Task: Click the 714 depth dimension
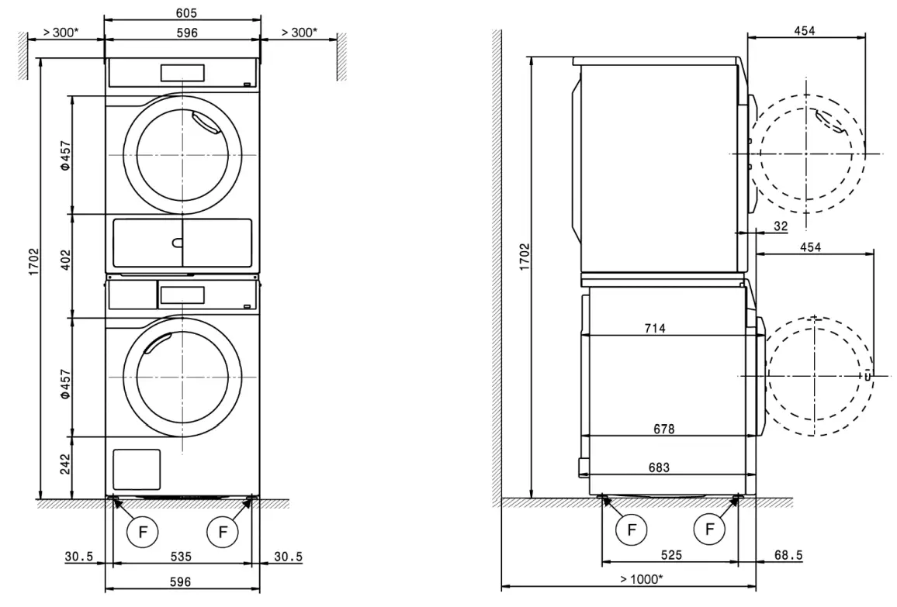coord(654,328)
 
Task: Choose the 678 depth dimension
coord(663,429)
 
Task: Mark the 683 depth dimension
coord(659,467)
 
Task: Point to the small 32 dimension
coord(780,226)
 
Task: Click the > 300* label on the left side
coord(61,33)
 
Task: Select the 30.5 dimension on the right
coord(288,557)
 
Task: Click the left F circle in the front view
coord(142,532)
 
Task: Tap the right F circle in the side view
coord(708,530)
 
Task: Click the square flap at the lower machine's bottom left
coord(137,468)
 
